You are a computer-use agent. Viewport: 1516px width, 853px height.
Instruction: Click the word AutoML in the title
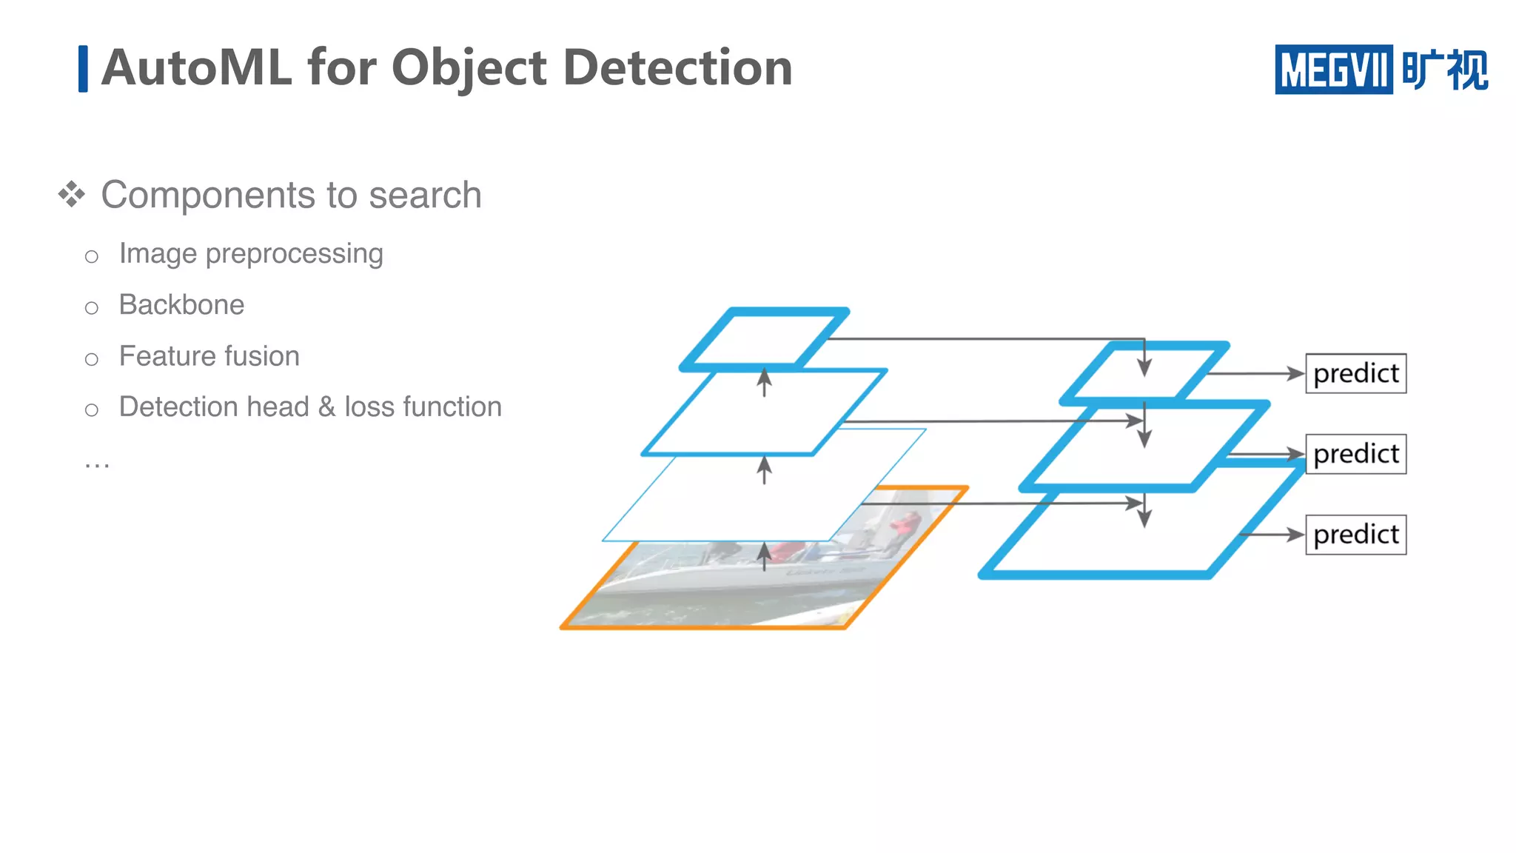coord(197,68)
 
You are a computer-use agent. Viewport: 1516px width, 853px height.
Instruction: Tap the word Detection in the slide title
coord(677,68)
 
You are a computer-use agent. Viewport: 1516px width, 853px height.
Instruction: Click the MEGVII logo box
coord(1333,70)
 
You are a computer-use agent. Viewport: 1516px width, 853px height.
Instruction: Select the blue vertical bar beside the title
coord(83,69)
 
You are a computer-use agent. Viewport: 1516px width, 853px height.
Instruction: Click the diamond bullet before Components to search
coord(72,195)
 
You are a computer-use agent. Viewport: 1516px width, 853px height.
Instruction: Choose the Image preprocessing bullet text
coord(251,254)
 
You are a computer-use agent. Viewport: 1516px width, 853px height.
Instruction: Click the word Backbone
coord(181,305)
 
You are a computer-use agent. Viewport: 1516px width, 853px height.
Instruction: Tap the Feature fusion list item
coord(209,356)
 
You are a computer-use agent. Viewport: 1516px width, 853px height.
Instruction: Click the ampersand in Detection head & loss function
coord(326,407)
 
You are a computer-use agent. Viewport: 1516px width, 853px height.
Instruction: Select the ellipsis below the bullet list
coord(97,464)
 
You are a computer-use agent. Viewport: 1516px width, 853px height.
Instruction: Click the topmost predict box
coord(1355,373)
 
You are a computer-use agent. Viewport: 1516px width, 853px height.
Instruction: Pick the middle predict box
coord(1355,454)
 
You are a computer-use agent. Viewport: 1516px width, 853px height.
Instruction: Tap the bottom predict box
coord(1355,535)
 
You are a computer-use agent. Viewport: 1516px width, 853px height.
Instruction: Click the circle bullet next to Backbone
coord(91,307)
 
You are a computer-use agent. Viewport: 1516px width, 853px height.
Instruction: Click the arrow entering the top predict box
coord(1258,373)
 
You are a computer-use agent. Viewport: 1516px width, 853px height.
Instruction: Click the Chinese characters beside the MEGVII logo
coord(1444,70)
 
